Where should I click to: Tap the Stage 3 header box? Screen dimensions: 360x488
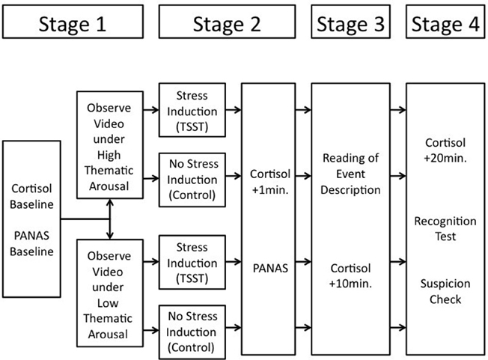350,23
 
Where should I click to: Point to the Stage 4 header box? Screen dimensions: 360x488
444,23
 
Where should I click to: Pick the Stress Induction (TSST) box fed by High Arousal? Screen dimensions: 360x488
192,110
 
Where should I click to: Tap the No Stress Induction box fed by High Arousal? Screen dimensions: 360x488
192,179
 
